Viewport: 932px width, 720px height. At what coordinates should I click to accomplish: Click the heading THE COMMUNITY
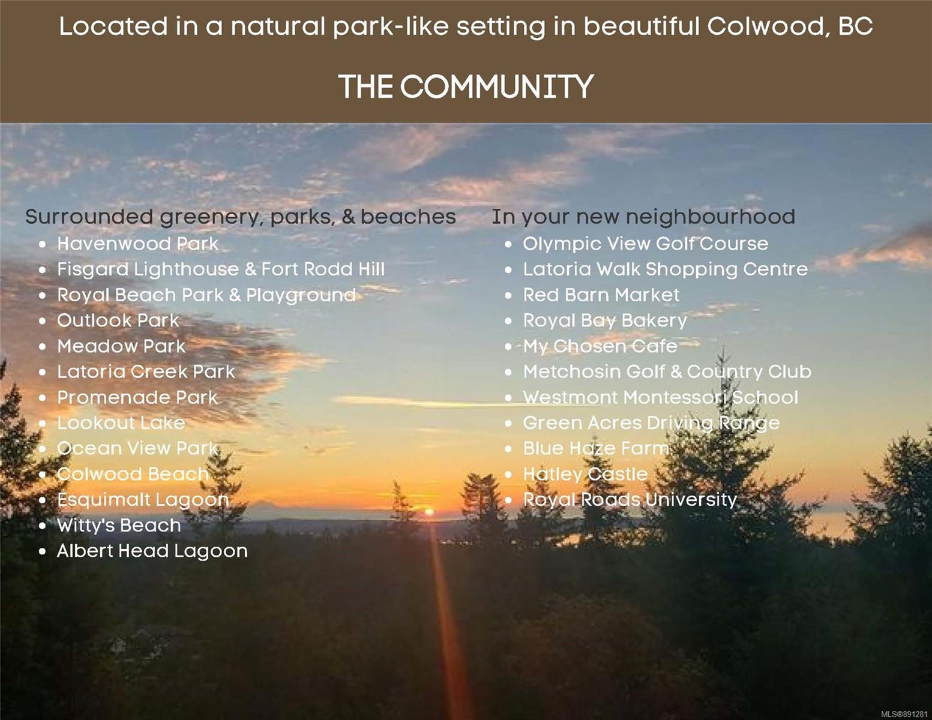pyautogui.click(x=466, y=86)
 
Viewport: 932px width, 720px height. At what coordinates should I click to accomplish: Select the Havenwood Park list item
pyautogui.click(x=137, y=244)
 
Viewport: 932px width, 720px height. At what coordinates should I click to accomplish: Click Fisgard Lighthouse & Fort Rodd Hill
pyautogui.click(x=221, y=269)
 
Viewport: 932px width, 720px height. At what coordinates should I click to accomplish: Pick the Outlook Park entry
pyautogui.click(x=118, y=320)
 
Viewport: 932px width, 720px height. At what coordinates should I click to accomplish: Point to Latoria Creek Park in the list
pyautogui.click(x=146, y=371)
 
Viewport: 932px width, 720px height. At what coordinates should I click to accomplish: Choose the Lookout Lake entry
pyautogui.click(x=121, y=423)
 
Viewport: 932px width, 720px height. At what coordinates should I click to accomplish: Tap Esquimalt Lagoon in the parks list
pyautogui.click(x=143, y=500)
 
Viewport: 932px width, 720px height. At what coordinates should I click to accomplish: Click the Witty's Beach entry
pyautogui.click(x=119, y=526)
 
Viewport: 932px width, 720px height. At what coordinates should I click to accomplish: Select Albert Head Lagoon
pyautogui.click(x=152, y=551)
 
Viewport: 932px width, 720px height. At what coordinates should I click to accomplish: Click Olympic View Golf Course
pyautogui.click(x=646, y=244)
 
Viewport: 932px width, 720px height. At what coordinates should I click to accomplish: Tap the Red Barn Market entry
pyautogui.click(x=601, y=295)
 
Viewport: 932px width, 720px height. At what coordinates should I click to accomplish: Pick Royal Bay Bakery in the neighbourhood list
pyautogui.click(x=605, y=321)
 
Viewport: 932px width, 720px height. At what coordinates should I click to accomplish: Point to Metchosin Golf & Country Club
pyautogui.click(x=667, y=372)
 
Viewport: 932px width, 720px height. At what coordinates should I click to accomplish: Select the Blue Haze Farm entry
pyautogui.click(x=596, y=449)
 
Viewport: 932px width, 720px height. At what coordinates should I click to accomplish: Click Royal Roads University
pyautogui.click(x=630, y=500)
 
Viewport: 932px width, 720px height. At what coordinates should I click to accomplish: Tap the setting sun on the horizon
pyautogui.click(x=429, y=512)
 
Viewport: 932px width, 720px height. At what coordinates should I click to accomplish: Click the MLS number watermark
pyautogui.click(x=904, y=714)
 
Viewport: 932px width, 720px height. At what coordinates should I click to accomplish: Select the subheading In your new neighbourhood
pyautogui.click(x=643, y=217)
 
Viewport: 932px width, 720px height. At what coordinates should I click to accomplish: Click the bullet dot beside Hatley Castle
pyautogui.click(x=508, y=475)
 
